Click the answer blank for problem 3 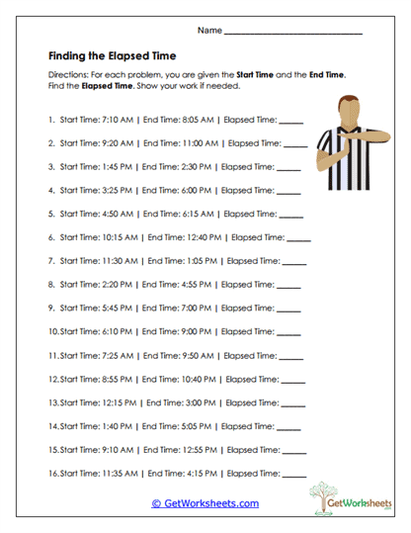click(x=288, y=167)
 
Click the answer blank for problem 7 click(x=294, y=261)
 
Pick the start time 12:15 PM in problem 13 click(x=117, y=402)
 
